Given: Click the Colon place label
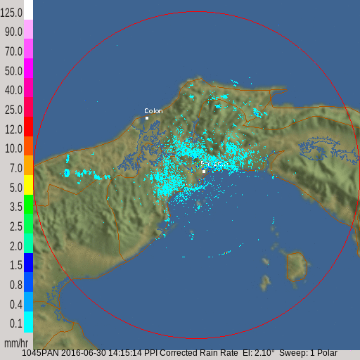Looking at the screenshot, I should coord(153,111).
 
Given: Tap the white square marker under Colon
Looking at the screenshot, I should coord(147,118).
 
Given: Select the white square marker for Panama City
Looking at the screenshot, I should coord(204,171).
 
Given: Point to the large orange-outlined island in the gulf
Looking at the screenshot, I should coord(297,266).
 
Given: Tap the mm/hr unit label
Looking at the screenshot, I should coord(15,343).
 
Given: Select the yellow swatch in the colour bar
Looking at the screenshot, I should coord(29,185).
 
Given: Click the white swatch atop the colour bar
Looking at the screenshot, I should coord(29,10).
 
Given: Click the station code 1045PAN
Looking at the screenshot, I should coord(40,353).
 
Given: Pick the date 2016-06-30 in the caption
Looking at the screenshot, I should coord(83,353).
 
